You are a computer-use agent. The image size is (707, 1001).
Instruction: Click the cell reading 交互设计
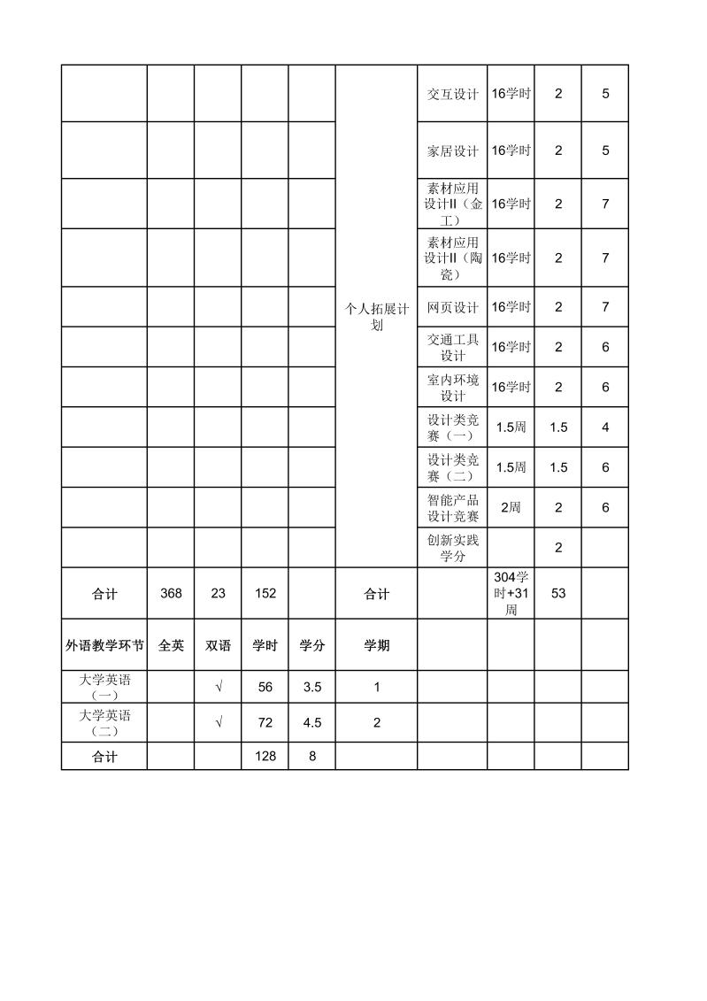click(452, 94)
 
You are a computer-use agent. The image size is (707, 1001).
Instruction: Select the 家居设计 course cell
click(452, 150)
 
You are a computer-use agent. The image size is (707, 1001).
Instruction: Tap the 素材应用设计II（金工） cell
click(452, 204)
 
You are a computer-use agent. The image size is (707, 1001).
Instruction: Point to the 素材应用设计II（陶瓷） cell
click(452, 258)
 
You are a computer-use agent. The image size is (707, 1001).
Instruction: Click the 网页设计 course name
click(452, 307)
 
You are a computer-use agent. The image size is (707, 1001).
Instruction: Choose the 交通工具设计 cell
click(452, 347)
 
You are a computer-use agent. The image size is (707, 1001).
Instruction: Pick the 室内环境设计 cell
click(452, 388)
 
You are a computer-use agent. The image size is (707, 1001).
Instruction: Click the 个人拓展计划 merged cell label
click(377, 316)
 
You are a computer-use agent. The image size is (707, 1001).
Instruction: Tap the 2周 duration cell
click(511, 507)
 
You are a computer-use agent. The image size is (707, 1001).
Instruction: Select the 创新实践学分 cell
click(452, 548)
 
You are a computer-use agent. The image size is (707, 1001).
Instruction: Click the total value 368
click(171, 594)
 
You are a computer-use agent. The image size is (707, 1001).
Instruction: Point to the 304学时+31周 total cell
click(511, 593)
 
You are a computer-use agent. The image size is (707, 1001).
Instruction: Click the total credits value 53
click(558, 594)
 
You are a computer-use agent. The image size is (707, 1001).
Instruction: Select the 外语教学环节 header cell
click(104, 646)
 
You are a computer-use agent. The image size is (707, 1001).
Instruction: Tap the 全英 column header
click(171, 646)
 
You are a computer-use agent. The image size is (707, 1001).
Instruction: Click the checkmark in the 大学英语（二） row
click(218, 722)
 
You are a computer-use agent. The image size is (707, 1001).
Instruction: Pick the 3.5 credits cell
click(311, 687)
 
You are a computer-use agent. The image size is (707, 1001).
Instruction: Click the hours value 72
click(265, 722)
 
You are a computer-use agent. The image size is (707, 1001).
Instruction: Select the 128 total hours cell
click(265, 757)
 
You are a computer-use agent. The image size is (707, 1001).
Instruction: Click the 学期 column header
click(377, 646)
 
